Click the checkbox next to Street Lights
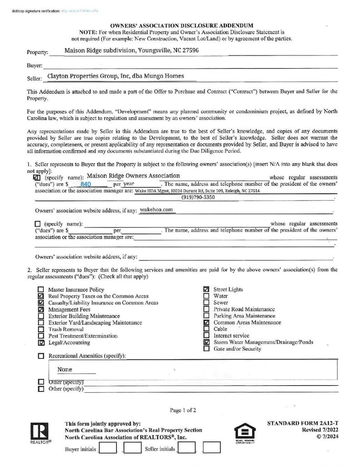pyautogui.click(x=207, y=289)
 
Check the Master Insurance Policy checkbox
pyautogui.click(x=41, y=289)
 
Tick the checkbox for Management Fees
pyautogui.click(x=41, y=309)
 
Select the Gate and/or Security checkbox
pyautogui.click(x=207, y=349)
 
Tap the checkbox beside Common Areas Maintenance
pyautogui.click(x=207, y=323)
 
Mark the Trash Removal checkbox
pyautogui.click(x=41, y=329)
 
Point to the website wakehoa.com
pyautogui.click(x=157, y=210)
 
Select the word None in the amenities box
pyautogui.click(x=65, y=370)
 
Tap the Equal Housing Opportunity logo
pyautogui.click(x=244, y=434)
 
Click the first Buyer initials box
pyautogui.click(x=107, y=449)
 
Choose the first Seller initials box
pyautogui.click(x=187, y=449)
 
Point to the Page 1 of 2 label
pyautogui.click(x=183, y=410)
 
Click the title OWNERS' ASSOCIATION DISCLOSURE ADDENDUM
pyautogui.click(x=182, y=26)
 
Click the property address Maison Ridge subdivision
pyautogui.click(x=132, y=51)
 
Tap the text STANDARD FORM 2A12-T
pyautogui.click(x=303, y=423)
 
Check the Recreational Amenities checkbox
pyautogui.click(x=41, y=356)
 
